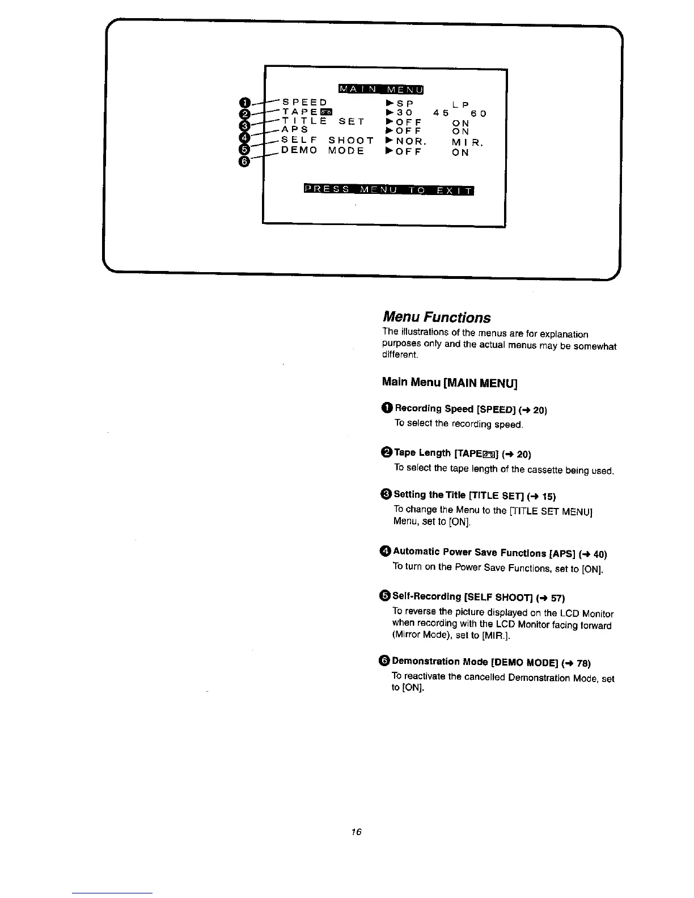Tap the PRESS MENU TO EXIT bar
coord(389,189)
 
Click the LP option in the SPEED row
coord(461,105)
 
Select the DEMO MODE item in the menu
coord(323,151)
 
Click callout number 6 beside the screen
coord(244,162)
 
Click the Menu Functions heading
coord(437,317)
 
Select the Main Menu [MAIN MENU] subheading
coord(450,382)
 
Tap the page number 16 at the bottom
coord(356,832)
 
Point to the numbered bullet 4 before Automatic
coord(386,552)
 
